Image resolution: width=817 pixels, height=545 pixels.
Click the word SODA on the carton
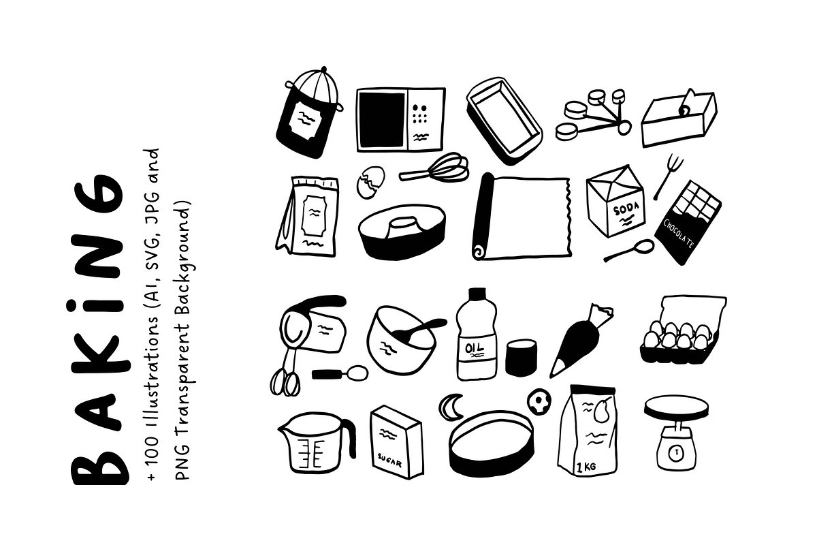click(x=626, y=210)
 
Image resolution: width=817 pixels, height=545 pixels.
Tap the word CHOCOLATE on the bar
click(x=679, y=234)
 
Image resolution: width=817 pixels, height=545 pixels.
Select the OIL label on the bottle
click(x=474, y=347)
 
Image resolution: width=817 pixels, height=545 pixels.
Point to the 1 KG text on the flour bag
click(x=586, y=467)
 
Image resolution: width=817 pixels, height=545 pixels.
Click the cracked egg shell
click(x=370, y=182)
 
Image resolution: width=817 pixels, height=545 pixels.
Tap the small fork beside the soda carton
click(x=668, y=177)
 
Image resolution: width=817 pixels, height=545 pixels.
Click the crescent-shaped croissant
click(x=450, y=406)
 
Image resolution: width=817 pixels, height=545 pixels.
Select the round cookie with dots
click(x=539, y=401)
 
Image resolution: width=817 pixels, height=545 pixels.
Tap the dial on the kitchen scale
click(x=677, y=453)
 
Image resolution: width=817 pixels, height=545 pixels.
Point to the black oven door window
click(x=382, y=119)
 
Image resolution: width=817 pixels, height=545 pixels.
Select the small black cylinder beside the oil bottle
click(x=521, y=357)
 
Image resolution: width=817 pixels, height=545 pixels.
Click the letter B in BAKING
click(x=100, y=460)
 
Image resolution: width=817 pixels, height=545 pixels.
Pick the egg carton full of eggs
click(x=683, y=330)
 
